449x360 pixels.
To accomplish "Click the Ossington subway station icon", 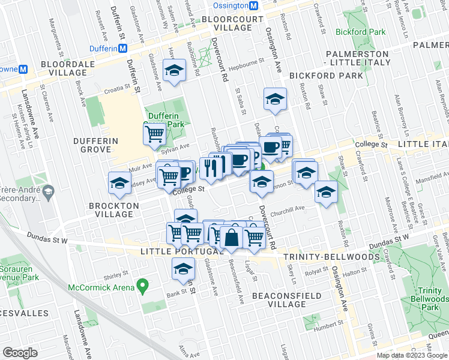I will (254, 5).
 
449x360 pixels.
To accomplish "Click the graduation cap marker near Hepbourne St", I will (174, 71).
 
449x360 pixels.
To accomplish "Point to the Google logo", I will (20, 353).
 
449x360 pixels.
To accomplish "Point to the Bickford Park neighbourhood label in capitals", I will (326, 76).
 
